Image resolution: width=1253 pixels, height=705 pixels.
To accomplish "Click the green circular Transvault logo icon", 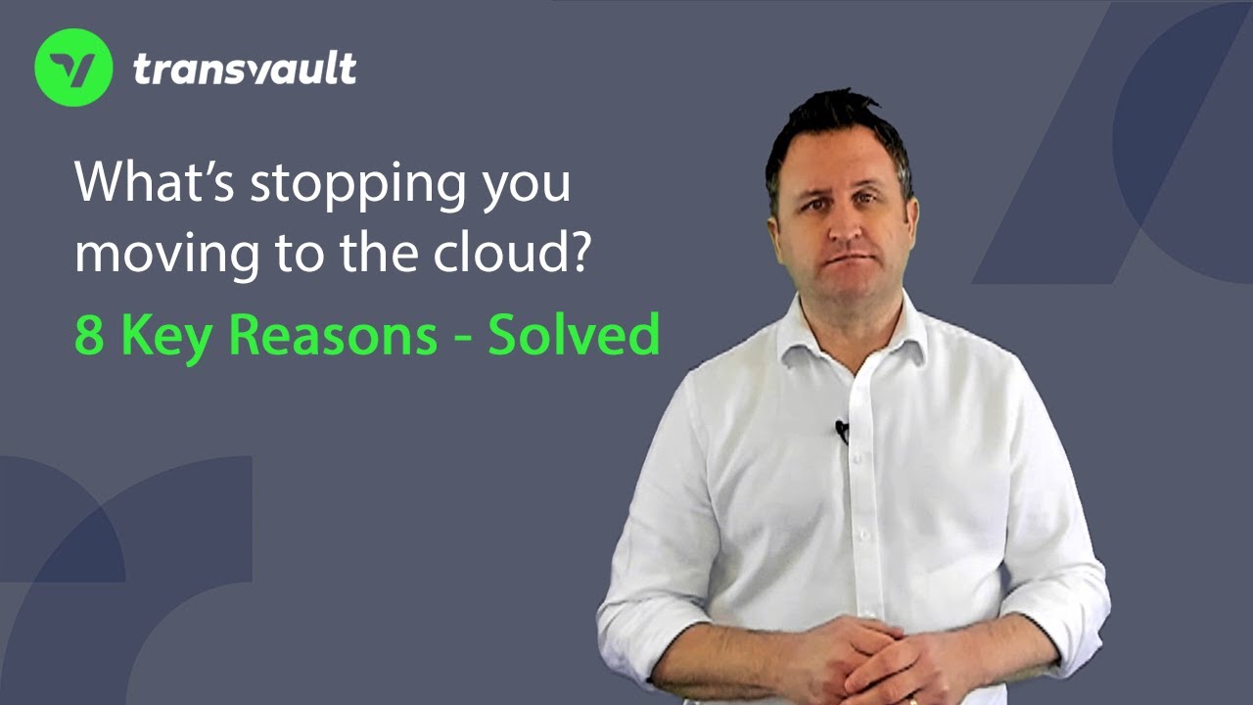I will (x=73, y=68).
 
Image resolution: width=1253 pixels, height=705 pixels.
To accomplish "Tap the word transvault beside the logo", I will (x=244, y=69).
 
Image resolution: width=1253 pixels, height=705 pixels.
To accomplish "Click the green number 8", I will (x=89, y=335).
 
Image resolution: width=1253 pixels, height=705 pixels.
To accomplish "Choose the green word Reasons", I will (x=334, y=335).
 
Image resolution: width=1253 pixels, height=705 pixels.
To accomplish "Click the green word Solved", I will (x=574, y=335).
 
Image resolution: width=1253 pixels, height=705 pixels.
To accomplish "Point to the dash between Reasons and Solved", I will (x=462, y=339).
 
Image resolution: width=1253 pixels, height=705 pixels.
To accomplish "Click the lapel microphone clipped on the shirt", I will (x=842, y=429).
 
